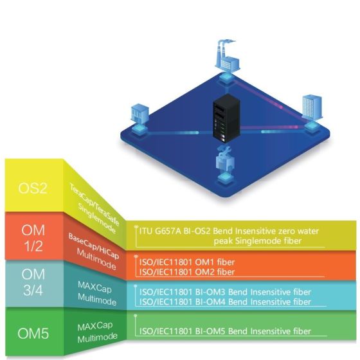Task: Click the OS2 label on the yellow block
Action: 33,188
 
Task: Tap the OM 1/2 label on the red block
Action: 33,238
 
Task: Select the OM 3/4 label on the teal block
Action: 33,282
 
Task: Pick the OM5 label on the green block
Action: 33,334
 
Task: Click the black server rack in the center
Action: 227,118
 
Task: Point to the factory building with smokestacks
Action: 228,57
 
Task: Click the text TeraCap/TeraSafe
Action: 94,204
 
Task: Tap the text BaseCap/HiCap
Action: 94,246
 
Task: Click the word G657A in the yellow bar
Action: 168,231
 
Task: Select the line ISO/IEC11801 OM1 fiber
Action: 187,262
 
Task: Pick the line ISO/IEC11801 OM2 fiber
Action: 187,272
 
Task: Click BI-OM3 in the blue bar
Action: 210,292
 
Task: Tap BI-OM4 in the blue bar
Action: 210,301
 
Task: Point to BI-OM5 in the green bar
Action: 210,331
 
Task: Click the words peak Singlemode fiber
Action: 258,241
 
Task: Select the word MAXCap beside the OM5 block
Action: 95,327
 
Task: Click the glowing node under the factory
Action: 227,77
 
